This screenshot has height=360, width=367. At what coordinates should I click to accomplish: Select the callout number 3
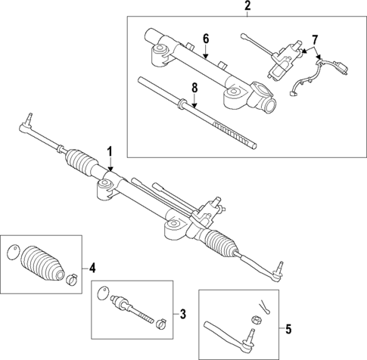coord(182,313)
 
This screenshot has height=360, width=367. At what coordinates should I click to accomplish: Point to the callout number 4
coord(92,267)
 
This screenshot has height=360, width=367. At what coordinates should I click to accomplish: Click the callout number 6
coord(205,39)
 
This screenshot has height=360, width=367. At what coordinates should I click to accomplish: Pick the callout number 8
coord(194,88)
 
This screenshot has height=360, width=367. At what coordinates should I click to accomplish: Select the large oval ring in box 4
coord(13,253)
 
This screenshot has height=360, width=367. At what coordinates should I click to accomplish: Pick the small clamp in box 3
coord(161,326)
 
